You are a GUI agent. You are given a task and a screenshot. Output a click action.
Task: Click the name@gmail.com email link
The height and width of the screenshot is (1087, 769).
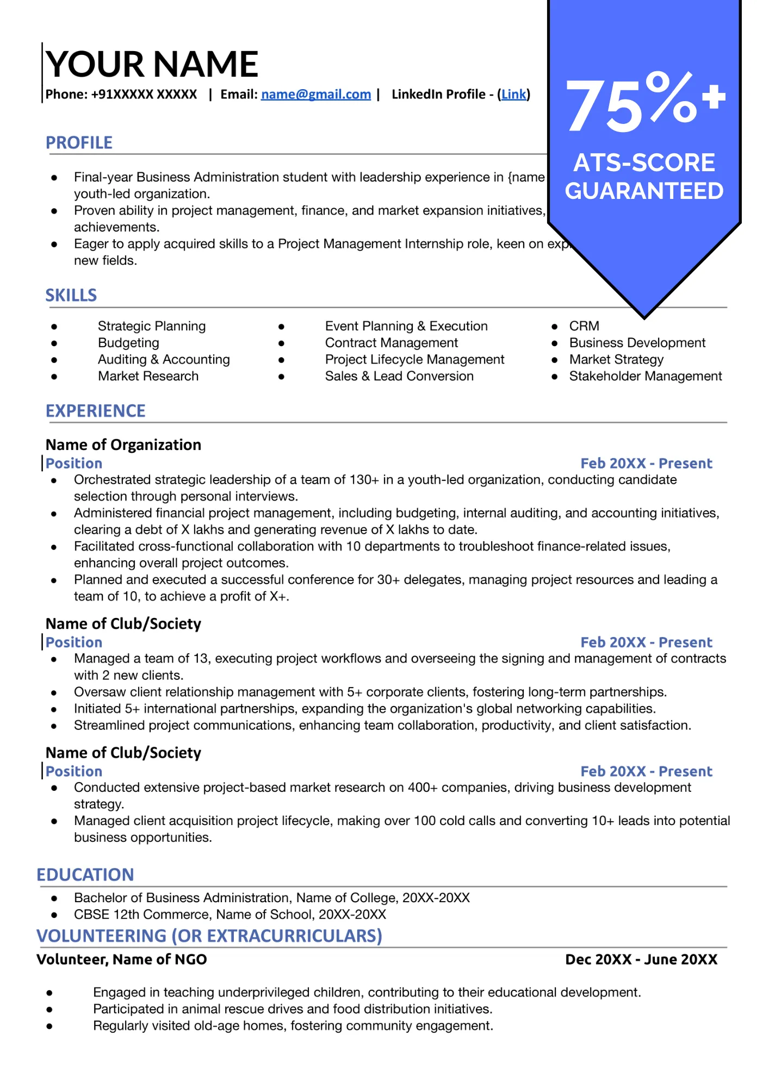315,95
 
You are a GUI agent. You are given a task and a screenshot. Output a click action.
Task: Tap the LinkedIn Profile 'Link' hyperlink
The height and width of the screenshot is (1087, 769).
513,95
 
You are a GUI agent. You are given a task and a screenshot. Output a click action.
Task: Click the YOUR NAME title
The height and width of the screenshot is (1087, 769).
152,64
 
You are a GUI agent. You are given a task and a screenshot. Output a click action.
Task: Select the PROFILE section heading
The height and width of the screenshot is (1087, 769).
79,143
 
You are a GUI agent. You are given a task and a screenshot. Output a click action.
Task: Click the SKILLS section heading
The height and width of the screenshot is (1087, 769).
71,296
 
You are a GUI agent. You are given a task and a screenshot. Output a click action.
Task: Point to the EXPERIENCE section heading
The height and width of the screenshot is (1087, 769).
95,411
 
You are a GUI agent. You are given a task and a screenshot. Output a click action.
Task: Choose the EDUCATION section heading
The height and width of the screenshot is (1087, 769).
85,874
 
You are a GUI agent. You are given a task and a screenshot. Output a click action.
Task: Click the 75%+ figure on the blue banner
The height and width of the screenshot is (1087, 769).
644,103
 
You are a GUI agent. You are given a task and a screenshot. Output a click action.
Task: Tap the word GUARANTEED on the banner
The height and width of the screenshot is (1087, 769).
644,191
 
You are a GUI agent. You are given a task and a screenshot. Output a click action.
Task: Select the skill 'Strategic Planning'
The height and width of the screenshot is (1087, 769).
152,326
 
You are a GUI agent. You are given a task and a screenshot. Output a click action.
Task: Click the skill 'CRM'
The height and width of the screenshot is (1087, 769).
584,326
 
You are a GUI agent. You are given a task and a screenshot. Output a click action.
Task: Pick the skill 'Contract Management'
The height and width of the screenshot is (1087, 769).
391,343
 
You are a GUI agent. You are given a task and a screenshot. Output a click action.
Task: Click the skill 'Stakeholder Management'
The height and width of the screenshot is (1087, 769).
645,376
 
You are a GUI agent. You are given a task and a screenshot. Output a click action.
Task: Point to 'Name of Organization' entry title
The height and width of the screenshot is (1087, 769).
123,445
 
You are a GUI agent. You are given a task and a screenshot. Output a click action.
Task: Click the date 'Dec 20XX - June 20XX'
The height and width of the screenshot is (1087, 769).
641,959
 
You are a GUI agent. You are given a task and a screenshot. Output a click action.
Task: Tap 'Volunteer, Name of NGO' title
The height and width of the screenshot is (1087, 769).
122,959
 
